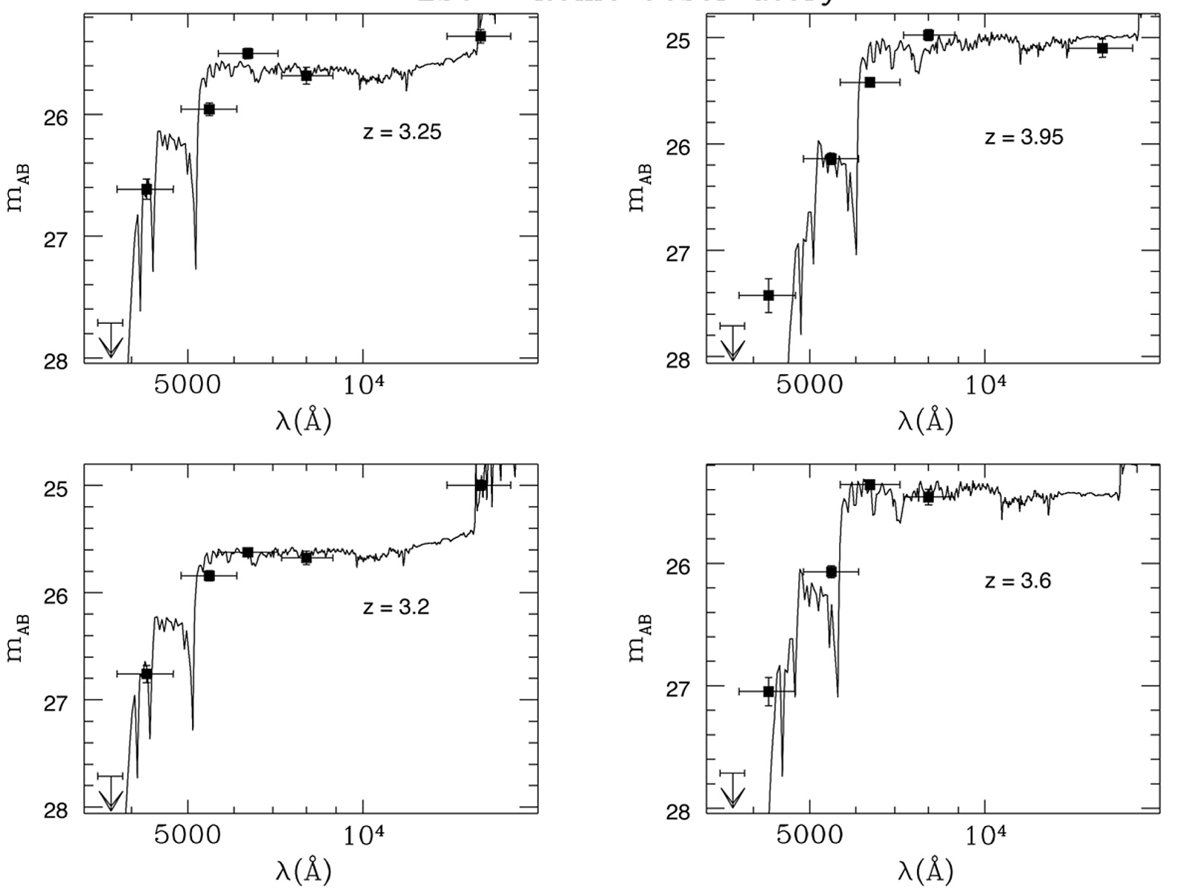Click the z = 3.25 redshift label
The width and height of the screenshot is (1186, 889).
(402, 133)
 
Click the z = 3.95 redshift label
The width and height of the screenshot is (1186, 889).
(1024, 137)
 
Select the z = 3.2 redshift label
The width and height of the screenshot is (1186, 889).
(396, 607)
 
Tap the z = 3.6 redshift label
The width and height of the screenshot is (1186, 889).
(1018, 581)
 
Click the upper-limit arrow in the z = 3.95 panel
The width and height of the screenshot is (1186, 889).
(732, 342)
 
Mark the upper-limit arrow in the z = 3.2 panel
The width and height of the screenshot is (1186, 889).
(110, 793)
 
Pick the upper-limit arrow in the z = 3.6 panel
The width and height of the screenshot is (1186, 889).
(732, 790)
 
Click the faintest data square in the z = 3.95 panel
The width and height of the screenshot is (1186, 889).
(769, 296)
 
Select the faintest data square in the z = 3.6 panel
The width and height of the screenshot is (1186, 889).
(769, 691)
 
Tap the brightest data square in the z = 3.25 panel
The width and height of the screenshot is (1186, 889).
(480, 36)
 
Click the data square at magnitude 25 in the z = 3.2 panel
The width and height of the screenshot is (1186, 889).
(480, 485)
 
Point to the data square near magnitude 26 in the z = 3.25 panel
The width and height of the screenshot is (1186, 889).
(209, 109)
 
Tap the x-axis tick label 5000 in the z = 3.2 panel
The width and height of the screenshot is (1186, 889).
(187, 836)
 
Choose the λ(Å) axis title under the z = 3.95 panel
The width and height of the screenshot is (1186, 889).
(925, 421)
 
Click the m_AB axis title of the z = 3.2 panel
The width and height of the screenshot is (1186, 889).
(19, 639)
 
